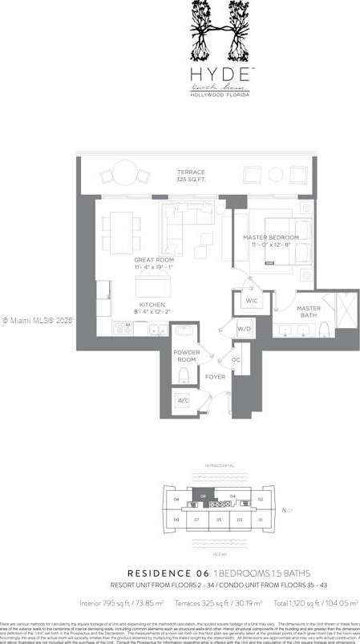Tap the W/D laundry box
[245, 329]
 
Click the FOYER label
[214, 376]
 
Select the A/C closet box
[184, 400]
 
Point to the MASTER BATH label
[308, 311]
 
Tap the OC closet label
[236, 360]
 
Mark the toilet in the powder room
[184, 376]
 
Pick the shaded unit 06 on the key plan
[204, 498]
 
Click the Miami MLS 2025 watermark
[37, 321]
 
